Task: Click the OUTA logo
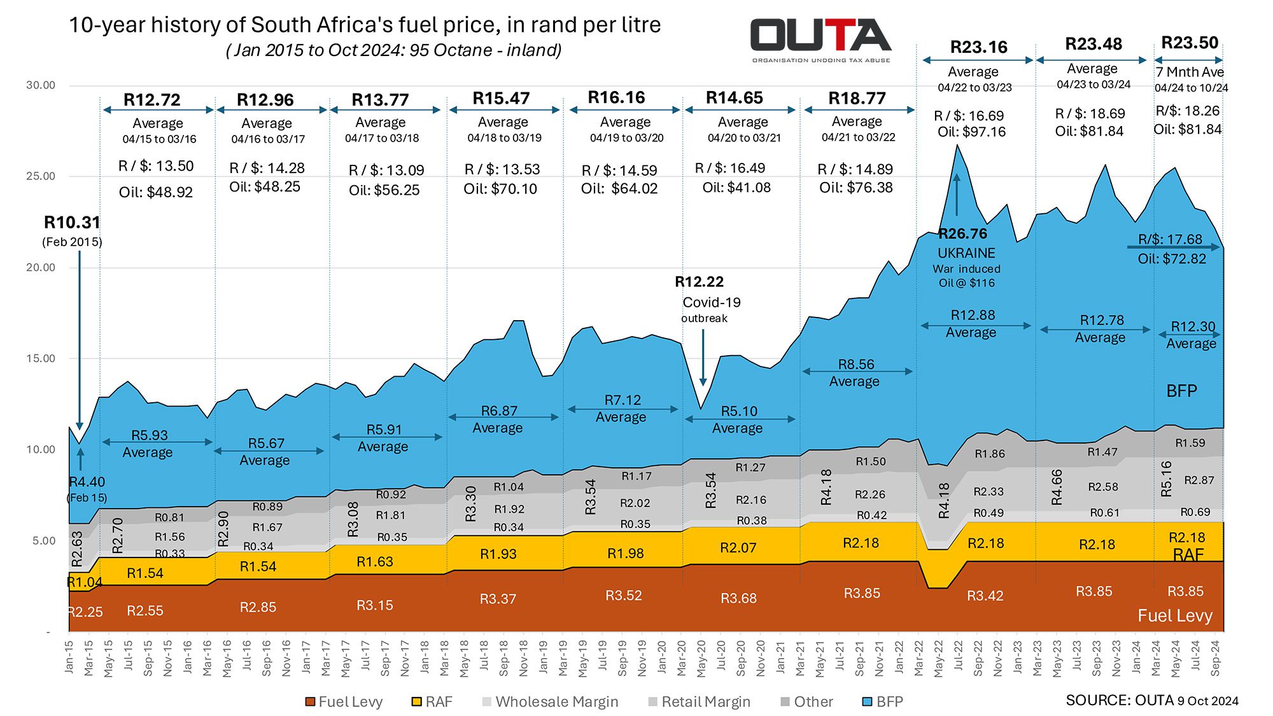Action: click(821, 40)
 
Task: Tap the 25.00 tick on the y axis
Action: click(41, 176)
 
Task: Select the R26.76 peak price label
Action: click(962, 234)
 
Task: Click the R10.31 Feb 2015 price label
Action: click(72, 223)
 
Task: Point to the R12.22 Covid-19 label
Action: click(699, 281)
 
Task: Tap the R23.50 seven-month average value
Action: click(1190, 43)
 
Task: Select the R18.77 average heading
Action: click(857, 99)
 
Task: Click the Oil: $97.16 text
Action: click(971, 132)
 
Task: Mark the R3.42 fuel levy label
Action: click(985, 596)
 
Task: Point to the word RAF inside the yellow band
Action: click(1188, 555)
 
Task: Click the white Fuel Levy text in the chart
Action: click(1175, 615)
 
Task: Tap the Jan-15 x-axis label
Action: click(69, 657)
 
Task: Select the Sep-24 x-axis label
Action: click(1215, 657)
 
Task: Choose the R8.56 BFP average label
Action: click(856, 364)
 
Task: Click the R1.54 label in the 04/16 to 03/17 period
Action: click(258, 566)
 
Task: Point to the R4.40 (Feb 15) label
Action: click(87, 482)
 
